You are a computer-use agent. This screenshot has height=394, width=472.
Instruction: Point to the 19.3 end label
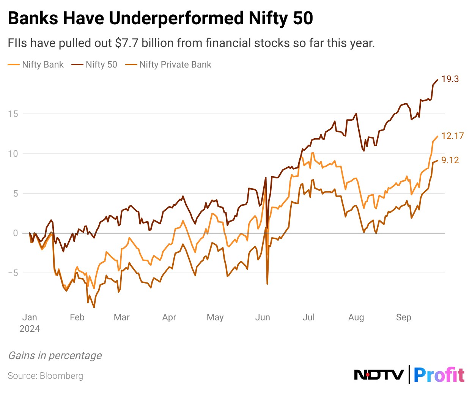coord(450,79)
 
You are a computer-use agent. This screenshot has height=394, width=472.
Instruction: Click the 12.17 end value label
coord(452,136)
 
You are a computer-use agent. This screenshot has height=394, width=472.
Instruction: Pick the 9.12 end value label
coord(450,160)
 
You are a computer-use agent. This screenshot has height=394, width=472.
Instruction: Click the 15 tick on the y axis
coord(13,114)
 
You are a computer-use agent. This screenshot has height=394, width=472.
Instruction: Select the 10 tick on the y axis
coord(13,154)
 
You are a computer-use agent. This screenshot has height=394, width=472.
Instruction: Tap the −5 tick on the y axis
coord(13,273)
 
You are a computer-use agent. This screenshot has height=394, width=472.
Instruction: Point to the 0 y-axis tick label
coord(16,233)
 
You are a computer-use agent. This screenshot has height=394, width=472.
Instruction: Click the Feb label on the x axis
coord(77,317)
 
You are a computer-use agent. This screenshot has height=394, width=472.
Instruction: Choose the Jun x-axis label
coord(263,317)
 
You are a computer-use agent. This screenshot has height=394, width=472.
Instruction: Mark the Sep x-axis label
coord(404,317)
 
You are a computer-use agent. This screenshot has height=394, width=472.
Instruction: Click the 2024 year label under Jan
coord(30,329)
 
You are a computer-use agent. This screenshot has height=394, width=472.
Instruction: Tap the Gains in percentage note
coord(55,356)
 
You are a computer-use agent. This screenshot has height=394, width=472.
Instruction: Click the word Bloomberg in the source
coord(61,376)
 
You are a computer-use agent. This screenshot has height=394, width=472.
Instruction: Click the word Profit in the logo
coord(439,375)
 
